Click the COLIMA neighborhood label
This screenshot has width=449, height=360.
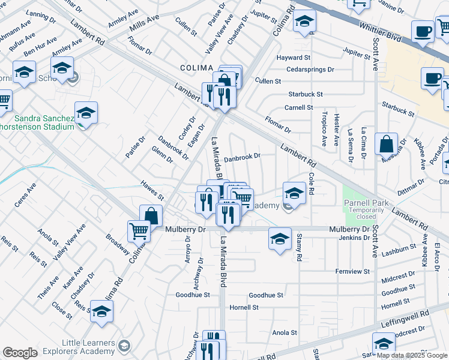[x=197, y=67]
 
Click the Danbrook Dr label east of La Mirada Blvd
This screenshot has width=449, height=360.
[x=242, y=158]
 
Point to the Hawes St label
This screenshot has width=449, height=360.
[x=152, y=191]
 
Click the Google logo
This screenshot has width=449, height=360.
[x=20, y=353]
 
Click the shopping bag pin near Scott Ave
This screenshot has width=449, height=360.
[x=387, y=145]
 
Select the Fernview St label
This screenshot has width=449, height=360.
[x=352, y=271]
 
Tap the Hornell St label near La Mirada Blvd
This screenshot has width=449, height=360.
[x=244, y=307]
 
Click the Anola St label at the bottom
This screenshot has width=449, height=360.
[x=285, y=332]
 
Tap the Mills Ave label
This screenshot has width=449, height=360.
[x=145, y=23]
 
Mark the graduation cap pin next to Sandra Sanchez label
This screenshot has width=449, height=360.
[x=86, y=114]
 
